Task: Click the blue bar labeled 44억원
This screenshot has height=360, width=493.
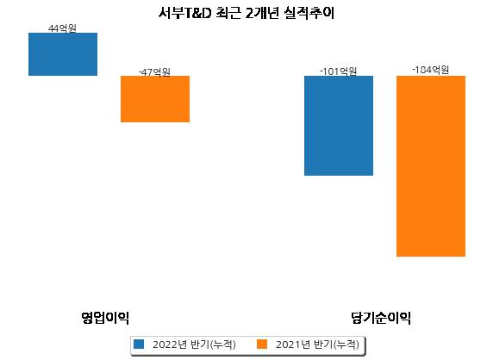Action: tap(63, 54)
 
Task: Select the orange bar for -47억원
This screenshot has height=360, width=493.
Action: tap(155, 99)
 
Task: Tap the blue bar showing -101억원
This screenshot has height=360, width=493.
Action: tap(339, 126)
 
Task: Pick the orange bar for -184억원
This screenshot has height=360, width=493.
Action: tap(431, 166)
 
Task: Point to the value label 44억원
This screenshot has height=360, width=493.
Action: tap(62, 28)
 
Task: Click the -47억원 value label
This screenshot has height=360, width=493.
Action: tap(154, 72)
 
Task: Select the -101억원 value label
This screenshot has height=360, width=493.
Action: tap(339, 71)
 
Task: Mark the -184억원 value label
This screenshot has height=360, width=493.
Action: tap(430, 70)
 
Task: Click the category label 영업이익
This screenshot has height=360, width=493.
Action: tap(105, 318)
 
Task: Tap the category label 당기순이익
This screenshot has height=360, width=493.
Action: tap(381, 318)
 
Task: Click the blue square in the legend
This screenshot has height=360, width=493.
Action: tap(139, 344)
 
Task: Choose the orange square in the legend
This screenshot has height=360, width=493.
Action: tap(262, 344)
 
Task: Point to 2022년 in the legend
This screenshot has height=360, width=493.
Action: tap(170, 344)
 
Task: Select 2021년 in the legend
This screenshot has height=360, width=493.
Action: tap(293, 344)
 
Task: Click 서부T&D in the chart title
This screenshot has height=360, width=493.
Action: tap(184, 13)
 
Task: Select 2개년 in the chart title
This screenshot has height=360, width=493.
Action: tap(262, 13)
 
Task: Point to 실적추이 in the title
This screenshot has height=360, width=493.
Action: tap(309, 13)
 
